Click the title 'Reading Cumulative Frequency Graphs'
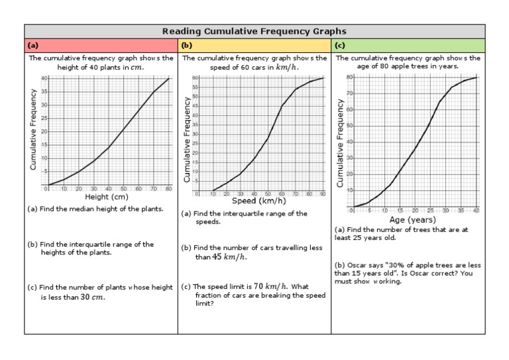(255, 31)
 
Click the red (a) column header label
(32, 45)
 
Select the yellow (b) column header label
(186, 45)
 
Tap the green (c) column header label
(339, 45)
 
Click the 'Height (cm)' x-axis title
(106, 197)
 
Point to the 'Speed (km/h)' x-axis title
(258, 201)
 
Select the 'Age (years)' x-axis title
(412, 219)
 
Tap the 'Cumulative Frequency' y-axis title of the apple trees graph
(340, 143)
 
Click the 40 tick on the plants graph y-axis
(44, 78)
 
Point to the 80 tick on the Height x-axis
(169, 189)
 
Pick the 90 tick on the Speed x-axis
(323, 194)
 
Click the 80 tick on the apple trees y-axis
(349, 78)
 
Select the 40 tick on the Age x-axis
(476, 210)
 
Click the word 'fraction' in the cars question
(196, 296)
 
